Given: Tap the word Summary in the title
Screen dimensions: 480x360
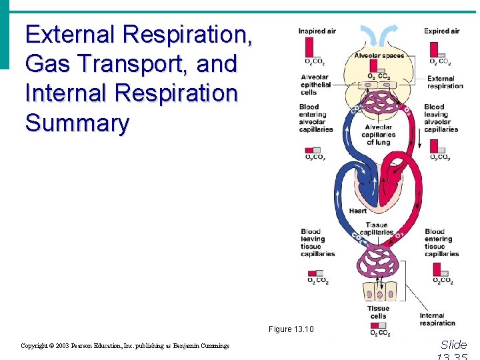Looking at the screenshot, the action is click(77, 123).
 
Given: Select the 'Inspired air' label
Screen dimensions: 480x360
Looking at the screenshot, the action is click(317, 31).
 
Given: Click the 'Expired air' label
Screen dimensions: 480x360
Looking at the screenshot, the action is click(442, 31).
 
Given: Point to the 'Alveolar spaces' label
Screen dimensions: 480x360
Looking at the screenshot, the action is click(379, 55).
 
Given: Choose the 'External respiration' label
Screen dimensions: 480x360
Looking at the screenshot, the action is click(445, 82).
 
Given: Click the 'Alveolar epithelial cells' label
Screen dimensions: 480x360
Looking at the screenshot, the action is click(315, 85).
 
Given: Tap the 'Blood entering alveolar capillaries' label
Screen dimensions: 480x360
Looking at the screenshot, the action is click(316, 118).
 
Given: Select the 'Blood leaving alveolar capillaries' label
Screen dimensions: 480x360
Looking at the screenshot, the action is click(441, 118).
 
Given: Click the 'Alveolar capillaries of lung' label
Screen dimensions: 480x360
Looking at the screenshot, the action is click(377, 134).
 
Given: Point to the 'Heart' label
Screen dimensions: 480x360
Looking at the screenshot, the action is click(357, 211).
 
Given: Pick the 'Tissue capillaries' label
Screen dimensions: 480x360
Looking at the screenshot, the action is click(377, 229).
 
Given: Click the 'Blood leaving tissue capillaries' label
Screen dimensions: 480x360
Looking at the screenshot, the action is click(317, 243).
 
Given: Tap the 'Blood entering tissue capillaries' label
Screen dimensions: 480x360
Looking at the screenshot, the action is click(441, 243).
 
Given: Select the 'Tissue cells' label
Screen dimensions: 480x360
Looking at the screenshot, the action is click(378, 312).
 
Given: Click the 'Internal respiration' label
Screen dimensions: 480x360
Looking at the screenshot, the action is click(437, 319).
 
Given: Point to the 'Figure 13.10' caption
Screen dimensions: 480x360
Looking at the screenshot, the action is click(291, 329).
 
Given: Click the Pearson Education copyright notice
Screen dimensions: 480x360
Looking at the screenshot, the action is click(125, 346).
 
